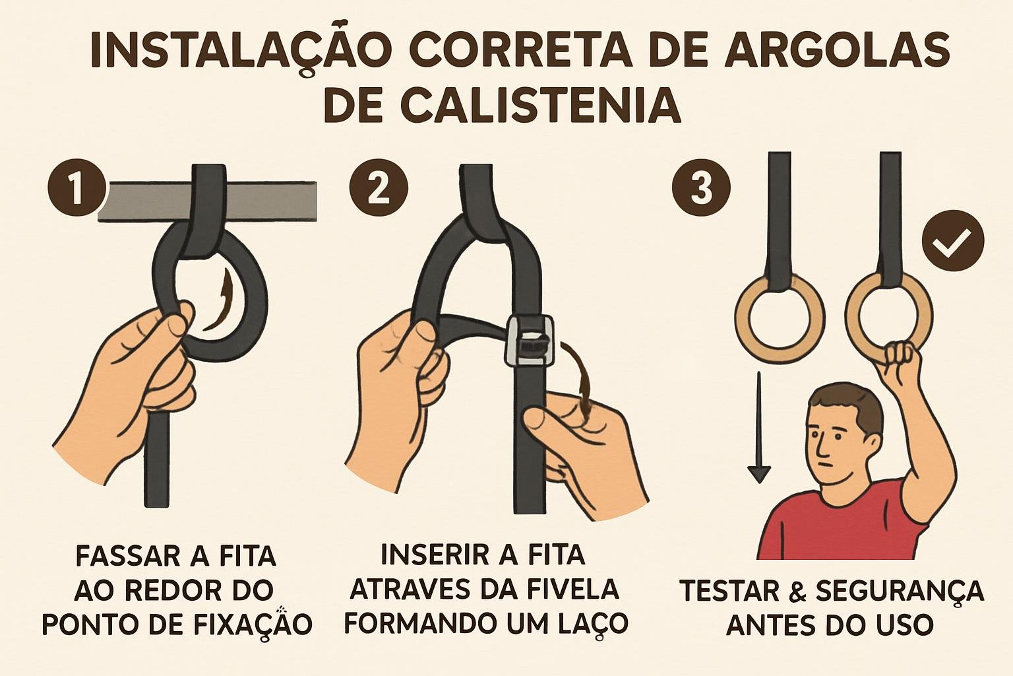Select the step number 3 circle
[x=701, y=187]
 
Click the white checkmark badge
[x=954, y=241]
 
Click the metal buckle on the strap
[x=530, y=340]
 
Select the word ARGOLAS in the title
[x=838, y=50]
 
